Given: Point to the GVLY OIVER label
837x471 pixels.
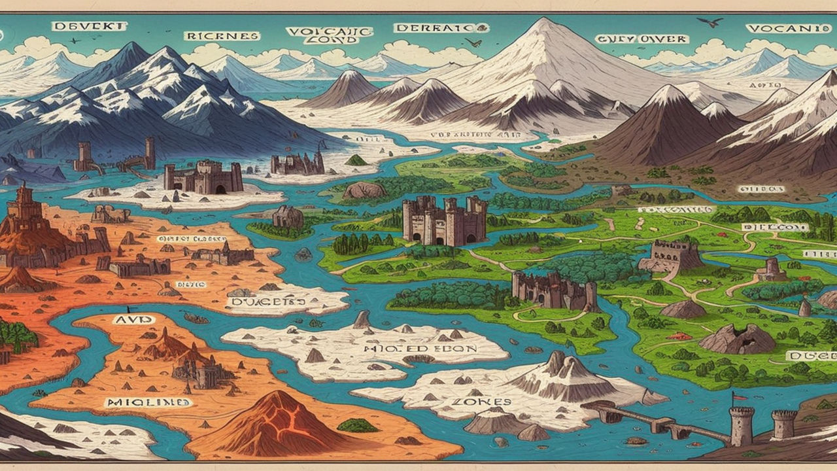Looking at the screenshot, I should point(641,39).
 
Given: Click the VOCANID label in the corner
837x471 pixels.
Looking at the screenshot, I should point(777,29).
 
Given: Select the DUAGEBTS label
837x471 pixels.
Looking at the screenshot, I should point(267,302).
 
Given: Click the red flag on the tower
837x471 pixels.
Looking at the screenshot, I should point(739,396).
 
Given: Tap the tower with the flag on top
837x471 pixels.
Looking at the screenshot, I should point(742,425).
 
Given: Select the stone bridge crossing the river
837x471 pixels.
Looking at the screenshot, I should point(660,422).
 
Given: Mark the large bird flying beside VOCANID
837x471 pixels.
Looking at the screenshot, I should point(711,23).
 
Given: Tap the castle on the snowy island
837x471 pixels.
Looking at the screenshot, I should point(203,177).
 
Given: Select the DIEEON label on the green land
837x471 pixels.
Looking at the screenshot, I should point(775,227).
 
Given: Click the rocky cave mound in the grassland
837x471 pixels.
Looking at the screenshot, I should point(737,338).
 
